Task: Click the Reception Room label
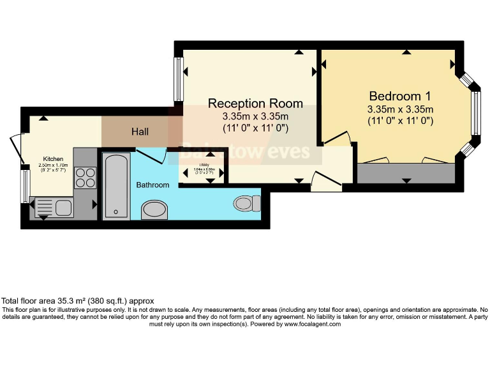pos(255,103)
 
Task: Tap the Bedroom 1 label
pos(400,96)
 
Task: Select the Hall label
pos(140,132)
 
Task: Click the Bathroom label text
pos(152,185)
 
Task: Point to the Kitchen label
pos(53,158)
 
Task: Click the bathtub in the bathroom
pos(116,185)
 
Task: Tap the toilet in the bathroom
pos(246,203)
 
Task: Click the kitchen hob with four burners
pos(85,177)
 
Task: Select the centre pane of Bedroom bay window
pos(475,113)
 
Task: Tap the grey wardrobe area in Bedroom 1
pos(406,173)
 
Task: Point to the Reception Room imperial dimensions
pos(255,128)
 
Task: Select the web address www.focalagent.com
pos(312,324)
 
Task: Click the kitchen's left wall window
pos(25,185)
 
